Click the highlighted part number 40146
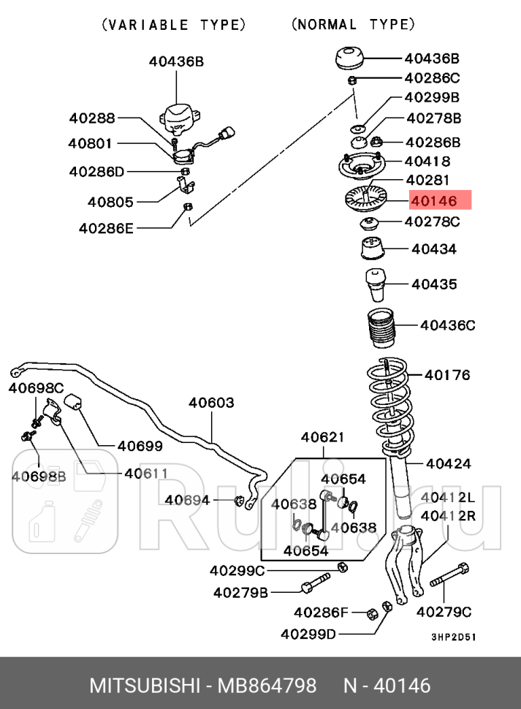click(434, 200)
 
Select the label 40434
click(433, 249)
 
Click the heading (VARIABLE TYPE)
click(173, 25)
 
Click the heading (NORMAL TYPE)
click(353, 25)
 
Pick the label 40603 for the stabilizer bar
click(211, 402)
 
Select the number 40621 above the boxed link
click(322, 437)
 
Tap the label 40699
click(140, 446)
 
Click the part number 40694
click(187, 500)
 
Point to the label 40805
click(110, 201)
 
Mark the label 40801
click(91, 144)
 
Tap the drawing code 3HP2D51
click(453, 636)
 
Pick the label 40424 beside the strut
click(448, 463)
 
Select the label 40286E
click(107, 229)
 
